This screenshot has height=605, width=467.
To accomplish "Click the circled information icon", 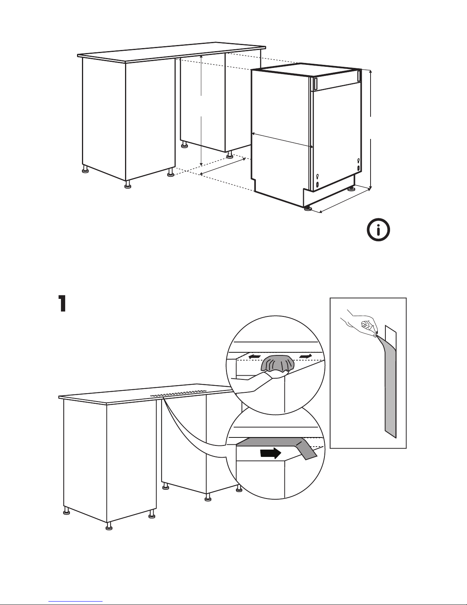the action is pos(378,230).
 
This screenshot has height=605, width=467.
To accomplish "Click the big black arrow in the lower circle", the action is pos(270,453).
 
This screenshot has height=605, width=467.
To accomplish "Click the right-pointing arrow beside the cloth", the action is pos(306,356).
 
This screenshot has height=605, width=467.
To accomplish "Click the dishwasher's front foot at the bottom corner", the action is pos(307,208).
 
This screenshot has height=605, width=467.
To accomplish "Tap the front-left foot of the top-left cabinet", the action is pos(128,185).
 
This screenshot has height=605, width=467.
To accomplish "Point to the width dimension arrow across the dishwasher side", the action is pos(282,140).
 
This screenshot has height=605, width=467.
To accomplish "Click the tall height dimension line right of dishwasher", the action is pos(370,130).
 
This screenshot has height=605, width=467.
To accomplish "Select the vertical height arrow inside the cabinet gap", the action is pos(201,110).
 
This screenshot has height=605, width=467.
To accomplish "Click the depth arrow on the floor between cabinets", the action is pos(223,166).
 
